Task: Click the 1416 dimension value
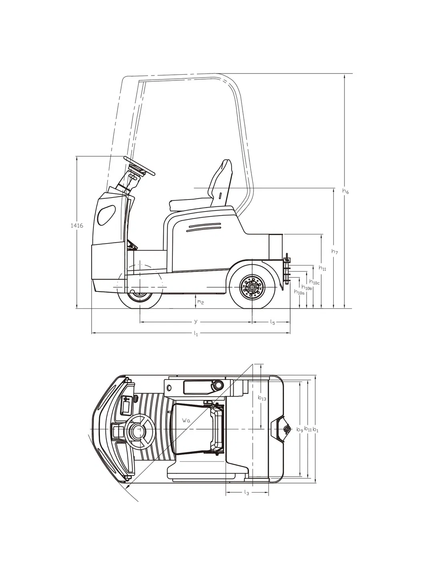(x=76, y=226)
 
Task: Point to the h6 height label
(x=346, y=192)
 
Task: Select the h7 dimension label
(x=335, y=252)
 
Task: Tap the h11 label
(x=322, y=268)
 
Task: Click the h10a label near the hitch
(x=299, y=292)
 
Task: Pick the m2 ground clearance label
(x=200, y=302)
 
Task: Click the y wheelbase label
(x=196, y=321)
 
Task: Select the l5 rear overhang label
(x=272, y=321)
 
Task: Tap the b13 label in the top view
(x=262, y=398)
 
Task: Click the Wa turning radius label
(x=185, y=420)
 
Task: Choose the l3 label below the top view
(x=246, y=493)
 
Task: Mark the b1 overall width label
(x=316, y=430)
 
